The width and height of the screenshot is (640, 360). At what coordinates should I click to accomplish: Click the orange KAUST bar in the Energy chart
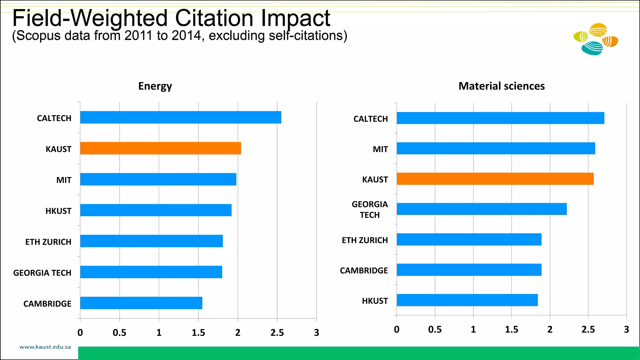(160, 148)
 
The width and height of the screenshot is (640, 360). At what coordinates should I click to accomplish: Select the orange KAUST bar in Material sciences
(495, 179)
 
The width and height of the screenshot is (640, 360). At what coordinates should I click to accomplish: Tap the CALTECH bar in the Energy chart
(181, 117)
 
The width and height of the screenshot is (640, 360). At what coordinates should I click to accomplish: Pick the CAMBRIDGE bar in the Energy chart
(141, 303)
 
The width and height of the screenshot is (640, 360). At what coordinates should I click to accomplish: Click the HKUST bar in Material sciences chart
(467, 300)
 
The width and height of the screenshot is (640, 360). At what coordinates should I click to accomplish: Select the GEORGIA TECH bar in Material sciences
(482, 209)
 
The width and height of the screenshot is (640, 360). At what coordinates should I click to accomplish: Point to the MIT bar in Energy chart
(158, 179)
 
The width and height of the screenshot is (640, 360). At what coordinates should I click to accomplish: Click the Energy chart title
(155, 86)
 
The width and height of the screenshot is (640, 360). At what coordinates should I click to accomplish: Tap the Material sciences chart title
(501, 86)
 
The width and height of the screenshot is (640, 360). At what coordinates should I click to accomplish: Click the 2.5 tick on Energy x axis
(277, 332)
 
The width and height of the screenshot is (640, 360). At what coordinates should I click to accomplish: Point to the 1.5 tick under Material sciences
(511, 329)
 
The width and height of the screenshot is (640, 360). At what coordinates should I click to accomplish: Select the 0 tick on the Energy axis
(80, 332)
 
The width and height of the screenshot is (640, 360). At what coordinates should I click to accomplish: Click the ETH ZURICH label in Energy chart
(48, 242)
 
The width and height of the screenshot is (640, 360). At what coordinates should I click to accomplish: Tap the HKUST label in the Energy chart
(58, 211)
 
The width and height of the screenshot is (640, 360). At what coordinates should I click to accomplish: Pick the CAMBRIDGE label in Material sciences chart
(364, 271)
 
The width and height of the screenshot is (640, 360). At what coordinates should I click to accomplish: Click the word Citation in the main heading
(214, 18)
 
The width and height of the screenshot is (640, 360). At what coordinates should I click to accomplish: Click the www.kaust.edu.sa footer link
(45, 347)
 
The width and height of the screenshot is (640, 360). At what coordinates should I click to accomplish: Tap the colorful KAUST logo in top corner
(596, 39)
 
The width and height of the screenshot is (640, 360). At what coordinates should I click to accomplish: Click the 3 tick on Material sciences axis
(626, 329)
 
